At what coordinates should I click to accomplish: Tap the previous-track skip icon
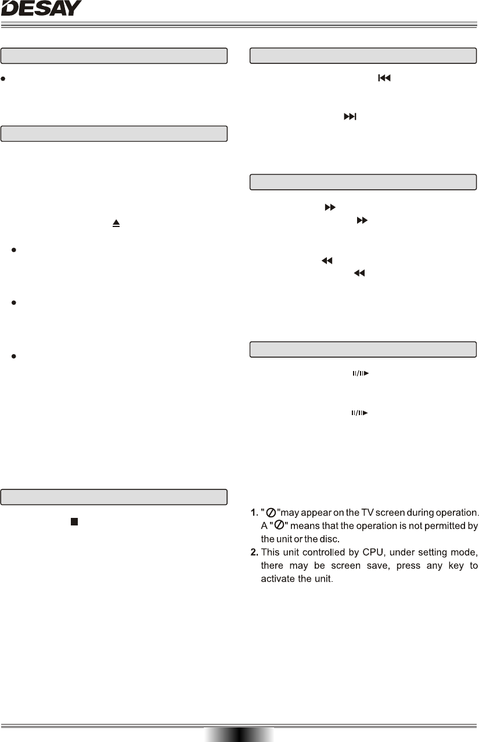(x=383, y=77)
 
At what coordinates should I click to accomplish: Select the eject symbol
(x=116, y=222)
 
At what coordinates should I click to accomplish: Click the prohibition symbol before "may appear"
(x=271, y=513)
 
